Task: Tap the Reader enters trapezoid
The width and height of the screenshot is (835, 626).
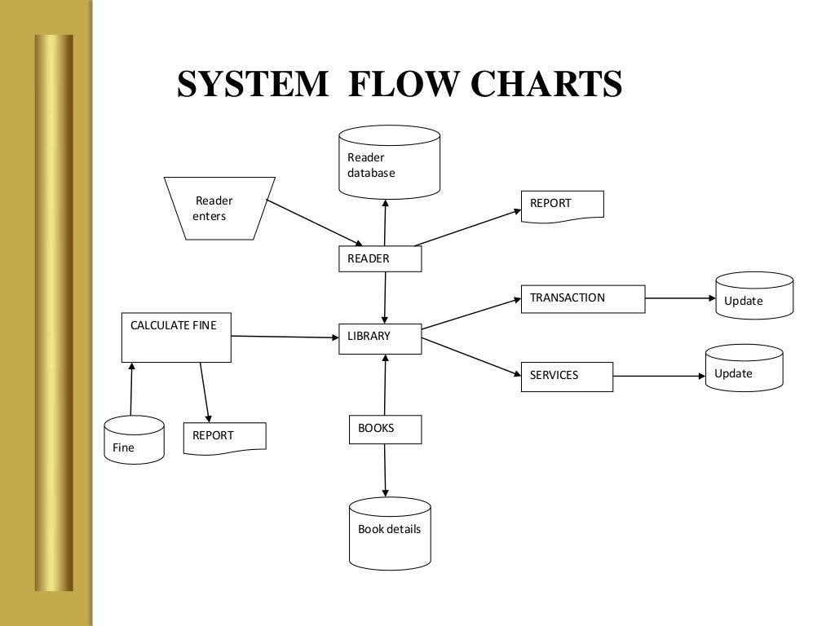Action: [x=219, y=208]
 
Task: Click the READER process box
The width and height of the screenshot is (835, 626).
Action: [x=379, y=258]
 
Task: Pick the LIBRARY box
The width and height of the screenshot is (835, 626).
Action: [x=379, y=338]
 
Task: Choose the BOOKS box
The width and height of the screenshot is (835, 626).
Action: [x=385, y=429]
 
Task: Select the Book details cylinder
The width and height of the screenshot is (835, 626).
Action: [x=389, y=532]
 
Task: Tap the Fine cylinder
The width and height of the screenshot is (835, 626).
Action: [x=134, y=440]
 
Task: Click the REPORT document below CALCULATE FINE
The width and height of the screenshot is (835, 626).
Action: [x=224, y=437]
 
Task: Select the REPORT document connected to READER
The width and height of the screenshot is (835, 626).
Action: [x=562, y=204]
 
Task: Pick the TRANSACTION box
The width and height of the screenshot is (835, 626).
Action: [x=582, y=298]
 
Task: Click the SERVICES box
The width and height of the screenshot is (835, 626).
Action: [x=566, y=376]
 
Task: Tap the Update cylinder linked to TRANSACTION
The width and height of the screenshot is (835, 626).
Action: [x=753, y=295]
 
